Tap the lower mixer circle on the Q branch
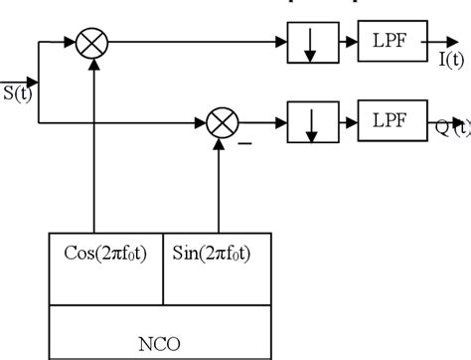219,123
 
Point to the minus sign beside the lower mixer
244,144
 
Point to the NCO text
162,336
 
